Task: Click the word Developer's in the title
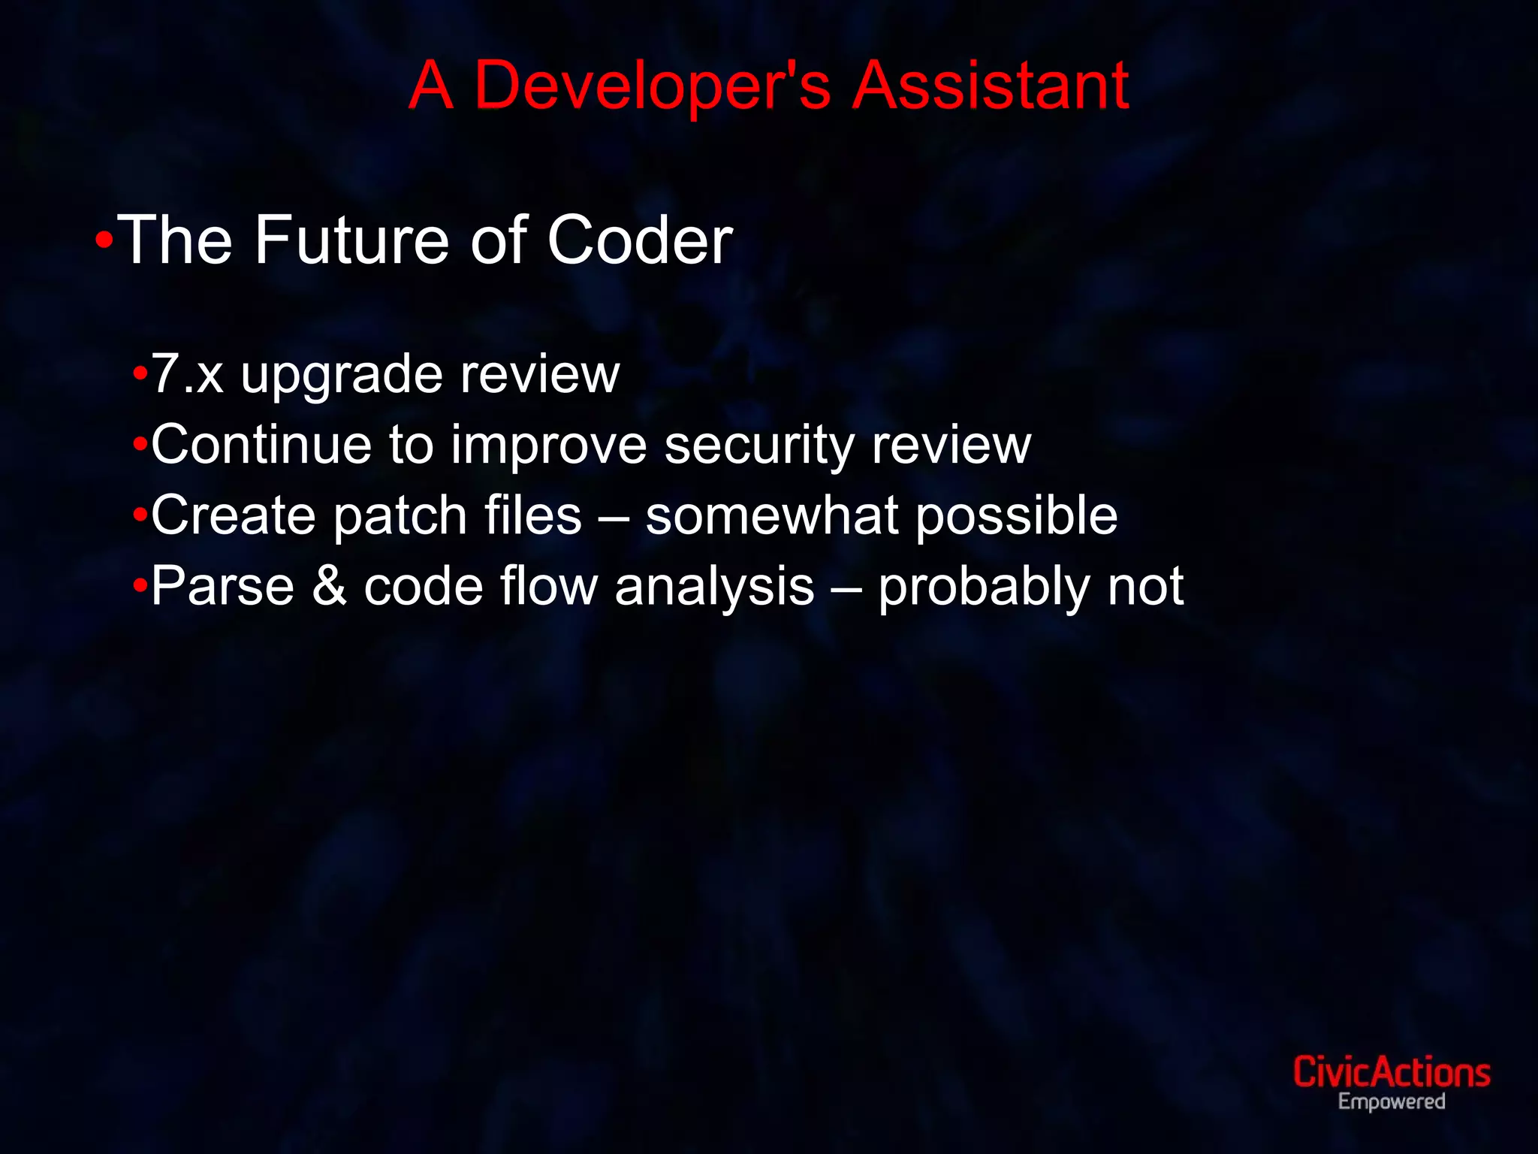(652, 86)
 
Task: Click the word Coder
(639, 240)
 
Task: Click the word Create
(233, 515)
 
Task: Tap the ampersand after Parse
(329, 586)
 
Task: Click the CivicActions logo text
(1391, 1072)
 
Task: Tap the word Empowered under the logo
(1391, 1102)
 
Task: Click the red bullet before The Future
(104, 241)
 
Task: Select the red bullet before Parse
(140, 586)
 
